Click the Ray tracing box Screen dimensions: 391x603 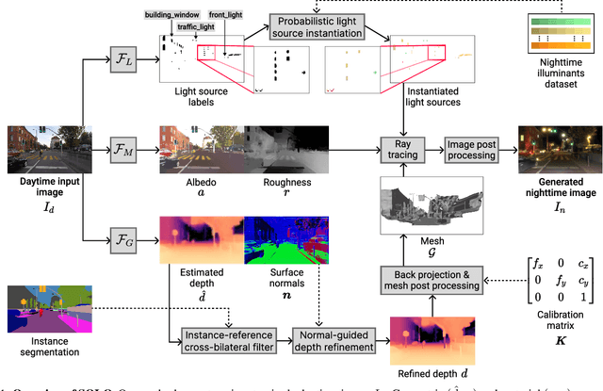coord(404,149)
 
